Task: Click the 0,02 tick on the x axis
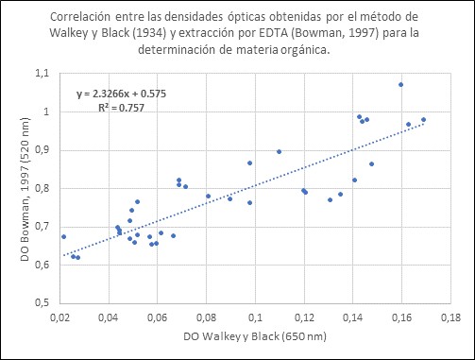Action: (59, 317)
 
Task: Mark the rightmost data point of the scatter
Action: (424, 120)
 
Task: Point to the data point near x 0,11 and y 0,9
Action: (279, 151)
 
